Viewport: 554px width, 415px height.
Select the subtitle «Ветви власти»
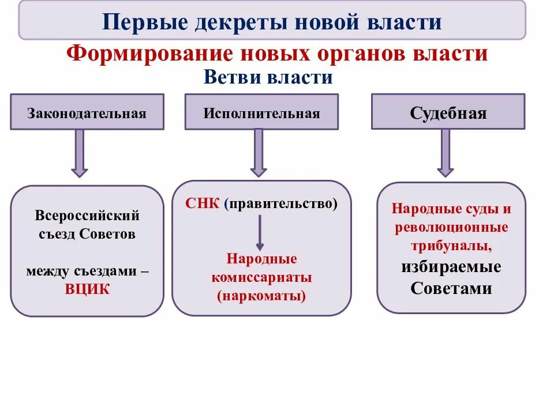268,77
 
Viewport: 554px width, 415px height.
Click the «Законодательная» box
87,112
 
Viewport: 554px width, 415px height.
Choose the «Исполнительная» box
261,112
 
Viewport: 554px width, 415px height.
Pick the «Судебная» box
448,112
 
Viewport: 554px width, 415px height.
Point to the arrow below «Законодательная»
79,153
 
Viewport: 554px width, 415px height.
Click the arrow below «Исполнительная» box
259,153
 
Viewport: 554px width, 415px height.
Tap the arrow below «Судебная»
445,153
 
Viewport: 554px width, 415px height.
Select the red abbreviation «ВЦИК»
87,289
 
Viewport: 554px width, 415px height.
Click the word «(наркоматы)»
261,296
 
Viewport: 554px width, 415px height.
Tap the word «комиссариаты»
261,277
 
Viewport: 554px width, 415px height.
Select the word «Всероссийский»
87,216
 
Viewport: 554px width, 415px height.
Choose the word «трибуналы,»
451,246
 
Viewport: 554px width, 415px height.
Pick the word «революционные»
451,227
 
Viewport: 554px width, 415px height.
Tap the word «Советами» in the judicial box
451,288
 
